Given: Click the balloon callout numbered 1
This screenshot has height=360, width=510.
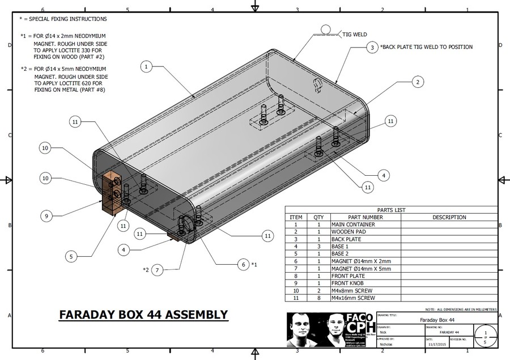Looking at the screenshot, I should coord(146,67).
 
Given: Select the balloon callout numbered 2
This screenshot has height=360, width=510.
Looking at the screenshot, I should coord(417,82).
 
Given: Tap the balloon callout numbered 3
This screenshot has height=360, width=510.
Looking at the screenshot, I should coord(372,48).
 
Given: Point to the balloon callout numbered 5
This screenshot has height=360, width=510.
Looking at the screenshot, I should coord(71,256).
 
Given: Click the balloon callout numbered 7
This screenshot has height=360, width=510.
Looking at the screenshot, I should coord(158,269).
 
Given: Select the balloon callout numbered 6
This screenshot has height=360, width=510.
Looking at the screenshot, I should coord(243,264).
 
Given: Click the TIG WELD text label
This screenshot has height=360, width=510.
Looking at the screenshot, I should coord(355,35).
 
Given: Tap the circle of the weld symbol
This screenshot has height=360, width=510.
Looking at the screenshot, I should coord(326,28).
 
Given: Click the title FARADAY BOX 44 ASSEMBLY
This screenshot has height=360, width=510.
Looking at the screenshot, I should coord(143,315).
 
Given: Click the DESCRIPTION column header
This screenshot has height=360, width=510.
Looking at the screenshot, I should coord(449,217).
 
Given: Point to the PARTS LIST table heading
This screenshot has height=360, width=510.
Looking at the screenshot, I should coord(391,210).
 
